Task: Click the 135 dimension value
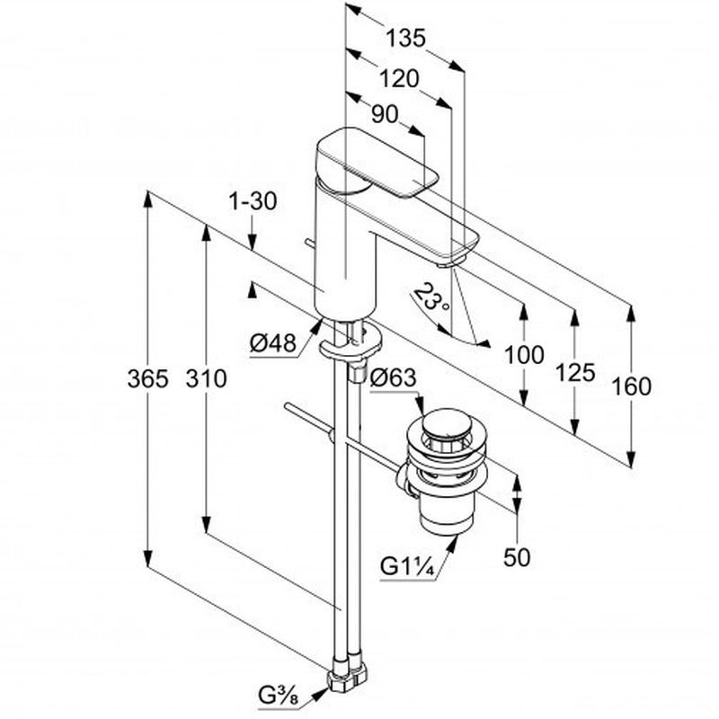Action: click(x=405, y=38)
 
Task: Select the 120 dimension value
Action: click(x=399, y=78)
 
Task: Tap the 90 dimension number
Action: click(x=385, y=114)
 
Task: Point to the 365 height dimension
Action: click(x=147, y=379)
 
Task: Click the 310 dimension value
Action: click(x=207, y=379)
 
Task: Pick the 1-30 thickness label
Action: click(x=252, y=202)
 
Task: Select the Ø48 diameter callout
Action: click(x=273, y=342)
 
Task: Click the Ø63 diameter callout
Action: click(x=393, y=378)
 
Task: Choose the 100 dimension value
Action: click(x=524, y=354)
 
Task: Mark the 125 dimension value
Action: click(x=575, y=371)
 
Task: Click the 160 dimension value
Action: click(x=631, y=386)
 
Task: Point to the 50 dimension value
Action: click(x=517, y=557)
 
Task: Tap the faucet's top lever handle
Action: click(x=377, y=162)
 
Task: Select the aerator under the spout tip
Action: click(x=448, y=262)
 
